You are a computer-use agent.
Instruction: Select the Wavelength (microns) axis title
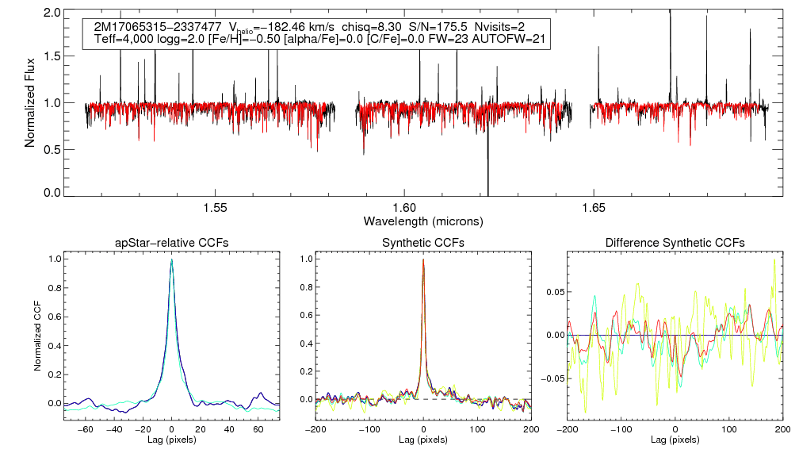(423, 220)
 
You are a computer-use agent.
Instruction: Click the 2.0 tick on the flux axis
(53, 13)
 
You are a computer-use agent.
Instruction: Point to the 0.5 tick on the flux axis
(53, 148)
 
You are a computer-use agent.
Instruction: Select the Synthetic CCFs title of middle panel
(423, 243)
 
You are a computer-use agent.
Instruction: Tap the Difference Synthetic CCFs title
(675, 243)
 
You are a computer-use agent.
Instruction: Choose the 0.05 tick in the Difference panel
(554, 292)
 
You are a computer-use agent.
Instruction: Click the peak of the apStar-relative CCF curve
(172, 259)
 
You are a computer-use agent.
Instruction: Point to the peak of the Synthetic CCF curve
(423, 259)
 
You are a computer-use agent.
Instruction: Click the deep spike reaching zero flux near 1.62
(487, 190)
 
